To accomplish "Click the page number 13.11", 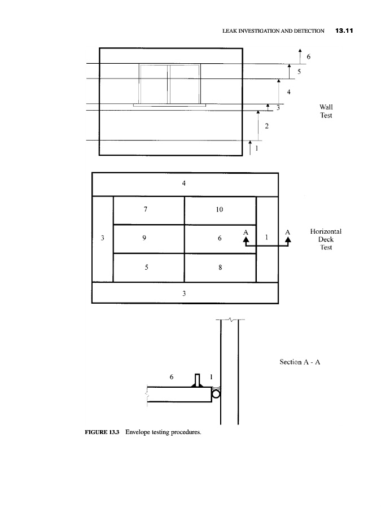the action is coord(344,31).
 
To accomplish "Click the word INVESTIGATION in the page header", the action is coord(259,31).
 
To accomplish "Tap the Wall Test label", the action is coord(326,111).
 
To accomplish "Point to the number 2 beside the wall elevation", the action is coord(266,126).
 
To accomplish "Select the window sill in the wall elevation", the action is coord(169,106).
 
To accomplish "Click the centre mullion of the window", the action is coord(168,84).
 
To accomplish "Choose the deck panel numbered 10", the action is coord(220,211).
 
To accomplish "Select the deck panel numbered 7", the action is coord(148,211).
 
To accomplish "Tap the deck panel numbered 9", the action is coord(148,239).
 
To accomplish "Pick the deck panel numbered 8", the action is coord(220,268).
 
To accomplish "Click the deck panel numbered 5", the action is coord(148,268).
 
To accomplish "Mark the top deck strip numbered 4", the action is coord(185,185).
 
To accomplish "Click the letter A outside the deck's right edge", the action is coord(288,233).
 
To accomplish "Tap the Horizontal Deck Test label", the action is coord(326,239).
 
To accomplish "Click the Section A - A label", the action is coord(300,362).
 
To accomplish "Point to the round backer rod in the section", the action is coord(216,394).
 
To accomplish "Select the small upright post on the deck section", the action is coord(197,380).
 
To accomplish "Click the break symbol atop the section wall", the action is coord(230,320).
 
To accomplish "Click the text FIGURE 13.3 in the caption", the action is coord(102,432).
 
